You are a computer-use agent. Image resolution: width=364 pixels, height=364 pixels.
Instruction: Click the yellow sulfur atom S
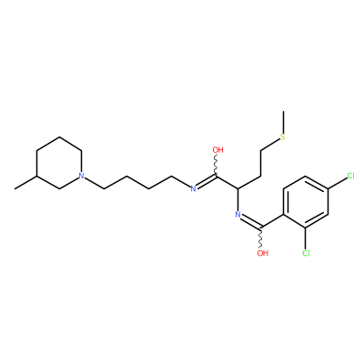(283, 137)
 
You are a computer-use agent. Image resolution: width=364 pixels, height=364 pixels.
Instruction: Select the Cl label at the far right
(350, 176)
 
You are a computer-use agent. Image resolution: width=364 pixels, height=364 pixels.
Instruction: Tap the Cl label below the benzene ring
(306, 253)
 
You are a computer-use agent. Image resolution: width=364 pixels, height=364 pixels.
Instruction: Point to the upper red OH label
(217, 150)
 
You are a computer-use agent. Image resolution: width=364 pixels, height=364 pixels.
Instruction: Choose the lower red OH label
(263, 253)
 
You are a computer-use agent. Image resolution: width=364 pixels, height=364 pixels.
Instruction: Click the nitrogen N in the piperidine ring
(81, 176)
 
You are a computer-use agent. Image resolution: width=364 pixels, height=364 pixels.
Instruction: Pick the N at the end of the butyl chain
(193, 188)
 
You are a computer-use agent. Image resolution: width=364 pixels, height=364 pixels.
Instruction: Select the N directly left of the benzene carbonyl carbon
(238, 215)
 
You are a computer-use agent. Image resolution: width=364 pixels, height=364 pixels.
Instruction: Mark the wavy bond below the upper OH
(217, 165)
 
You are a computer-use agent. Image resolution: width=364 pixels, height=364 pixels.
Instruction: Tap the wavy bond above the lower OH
(261, 238)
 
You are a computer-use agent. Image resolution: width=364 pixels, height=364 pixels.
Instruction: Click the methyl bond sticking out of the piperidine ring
(25, 182)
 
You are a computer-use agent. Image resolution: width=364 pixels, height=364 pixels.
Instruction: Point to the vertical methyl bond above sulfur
(283, 122)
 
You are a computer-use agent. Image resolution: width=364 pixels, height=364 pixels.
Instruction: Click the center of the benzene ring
(306, 202)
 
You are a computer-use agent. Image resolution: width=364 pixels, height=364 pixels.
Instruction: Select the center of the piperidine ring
(59, 163)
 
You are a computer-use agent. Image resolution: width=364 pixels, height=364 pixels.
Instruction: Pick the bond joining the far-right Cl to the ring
(338, 182)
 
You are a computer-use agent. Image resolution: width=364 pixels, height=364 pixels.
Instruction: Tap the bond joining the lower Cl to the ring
(306, 238)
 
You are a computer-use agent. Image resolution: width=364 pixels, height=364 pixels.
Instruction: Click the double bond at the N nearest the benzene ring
(251, 221)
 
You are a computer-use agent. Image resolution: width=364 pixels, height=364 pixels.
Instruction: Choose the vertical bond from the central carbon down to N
(238, 199)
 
